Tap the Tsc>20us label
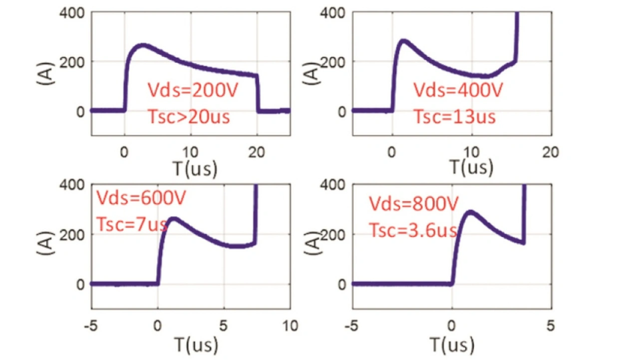pyautogui.click(x=189, y=117)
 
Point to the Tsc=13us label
pyautogui.click(x=454, y=117)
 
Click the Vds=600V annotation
pyautogui.click(x=141, y=198)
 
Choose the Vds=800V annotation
pyautogui.click(x=414, y=204)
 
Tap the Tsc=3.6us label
pyautogui.click(x=413, y=230)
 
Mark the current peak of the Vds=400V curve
pyautogui.click(x=403, y=40)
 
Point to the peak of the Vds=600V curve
pyautogui.click(x=173, y=218)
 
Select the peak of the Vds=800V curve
pyautogui.click(x=470, y=212)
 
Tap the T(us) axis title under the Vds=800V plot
pyautogui.click(x=452, y=344)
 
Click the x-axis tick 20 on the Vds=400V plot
pyautogui.click(x=551, y=152)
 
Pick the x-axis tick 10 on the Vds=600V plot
pyautogui.click(x=290, y=326)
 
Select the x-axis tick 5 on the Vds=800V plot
pyautogui.click(x=551, y=326)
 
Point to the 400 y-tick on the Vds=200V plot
pyautogui.click(x=74, y=12)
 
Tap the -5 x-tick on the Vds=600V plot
pyautogui.click(x=91, y=326)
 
